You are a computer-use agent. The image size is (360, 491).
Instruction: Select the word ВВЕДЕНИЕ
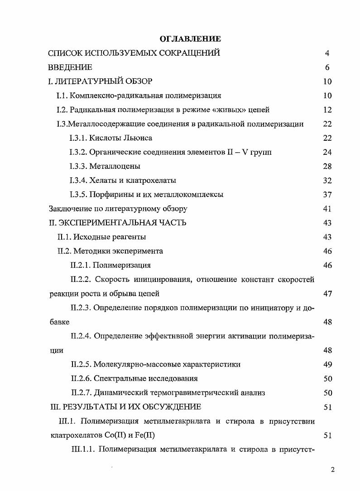(70, 67)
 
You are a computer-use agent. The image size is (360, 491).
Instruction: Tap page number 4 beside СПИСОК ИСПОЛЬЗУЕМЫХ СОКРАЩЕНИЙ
(327, 53)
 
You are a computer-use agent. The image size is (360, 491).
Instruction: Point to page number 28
(327, 166)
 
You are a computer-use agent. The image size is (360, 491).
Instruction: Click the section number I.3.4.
(81, 181)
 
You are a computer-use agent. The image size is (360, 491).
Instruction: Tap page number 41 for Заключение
(327, 209)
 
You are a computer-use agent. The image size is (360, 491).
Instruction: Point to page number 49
(327, 364)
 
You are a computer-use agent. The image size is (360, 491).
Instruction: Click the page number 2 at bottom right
(333, 469)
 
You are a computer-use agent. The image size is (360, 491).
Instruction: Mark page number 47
(327, 293)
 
